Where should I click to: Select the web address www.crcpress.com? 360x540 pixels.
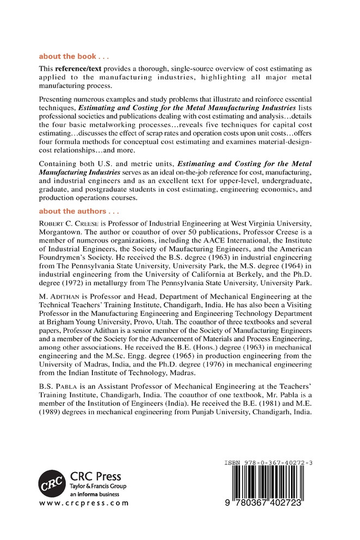[84, 503]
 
